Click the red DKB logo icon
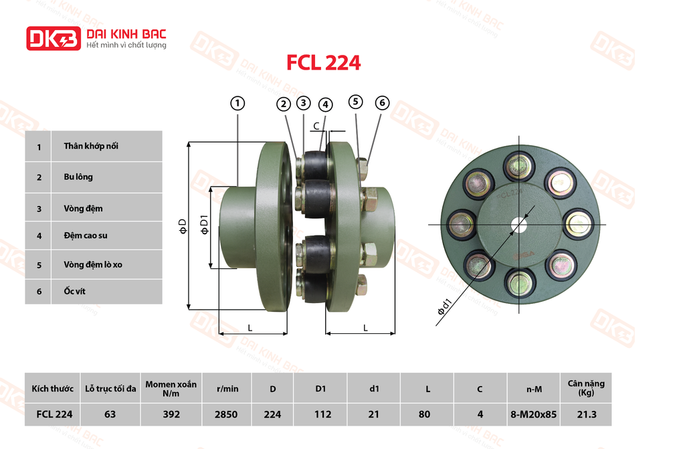click(x=53, y=38)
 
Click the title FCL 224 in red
click(x=323, y=63)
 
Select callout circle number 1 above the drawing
click(x=237, y=103)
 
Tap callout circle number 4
click(x=325, y=104)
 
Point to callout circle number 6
click(x=382, y=102)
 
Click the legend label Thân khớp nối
click(x=92, y=146)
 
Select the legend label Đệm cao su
click(x=86, y=236)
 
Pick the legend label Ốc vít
click(x=74, y=292)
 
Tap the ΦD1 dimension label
click(x=205, y=226)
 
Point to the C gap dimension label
click(x=316, y=126)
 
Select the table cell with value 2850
click(x=226, y=414)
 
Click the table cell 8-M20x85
click(x=533, y=414)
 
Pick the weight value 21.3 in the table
click(x=586, y=414)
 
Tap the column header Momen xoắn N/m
click(x=171, y=388)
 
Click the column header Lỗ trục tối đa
click(x=110, y=388)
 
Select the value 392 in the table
click(x=171, y=414)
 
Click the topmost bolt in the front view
click(x=520, y=165)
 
